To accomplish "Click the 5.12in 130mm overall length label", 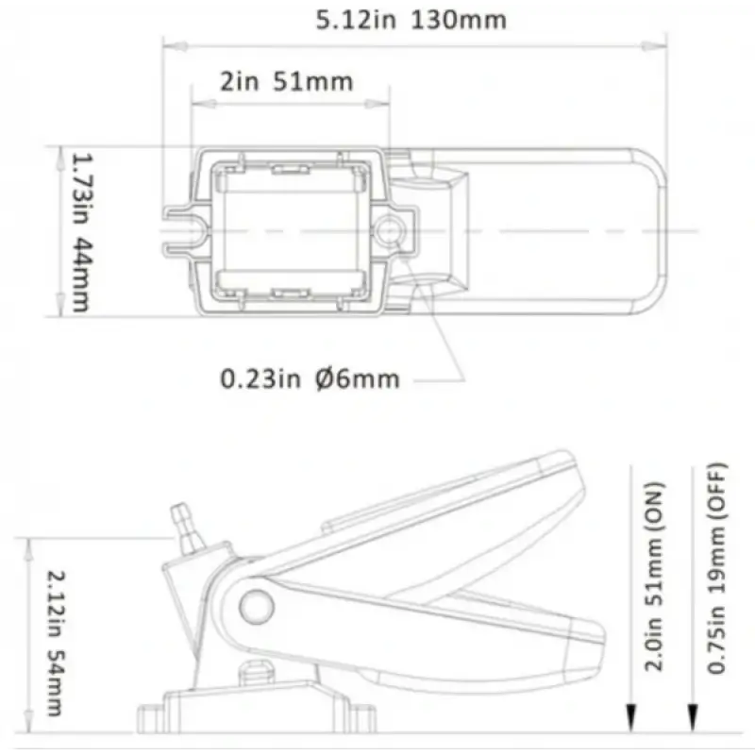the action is pyautogui.click(x=411, y=20).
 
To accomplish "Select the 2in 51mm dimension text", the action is pyautogui.click(x=287, y=81).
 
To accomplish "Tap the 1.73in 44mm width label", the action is pyautogui.click(x=81, y=232).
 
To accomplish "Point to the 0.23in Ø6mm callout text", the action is pyautogui.click(x=310, y=379).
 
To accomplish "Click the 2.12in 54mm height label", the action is pyautogui.click(x=57, y=644).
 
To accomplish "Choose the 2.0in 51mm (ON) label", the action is pyautogui.click(x=654, y=576).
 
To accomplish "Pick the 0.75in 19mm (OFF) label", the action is pyautogui.click(x=716, y=568).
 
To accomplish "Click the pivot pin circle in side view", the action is pyautogui.click(x=256, y=607).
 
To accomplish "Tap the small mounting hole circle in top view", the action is pyautogui.click(x=389, y=230).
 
